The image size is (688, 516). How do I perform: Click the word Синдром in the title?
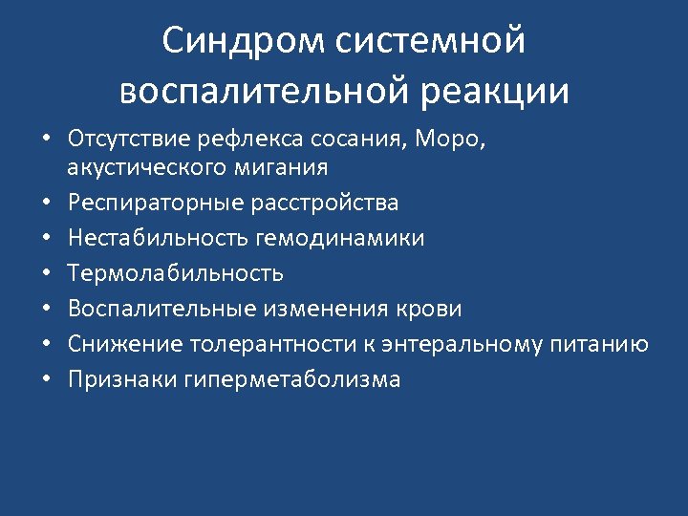(245, 41)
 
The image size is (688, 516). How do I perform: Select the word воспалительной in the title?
(261, 91)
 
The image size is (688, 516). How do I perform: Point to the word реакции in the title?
(490, 91)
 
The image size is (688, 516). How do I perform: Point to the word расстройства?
(323, 203)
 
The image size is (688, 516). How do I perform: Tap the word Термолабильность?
(176, 273)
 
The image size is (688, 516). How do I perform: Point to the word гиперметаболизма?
(292, 379)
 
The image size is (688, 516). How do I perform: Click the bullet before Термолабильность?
(46, 274)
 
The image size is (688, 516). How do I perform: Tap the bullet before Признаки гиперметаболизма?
(46, 380)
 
